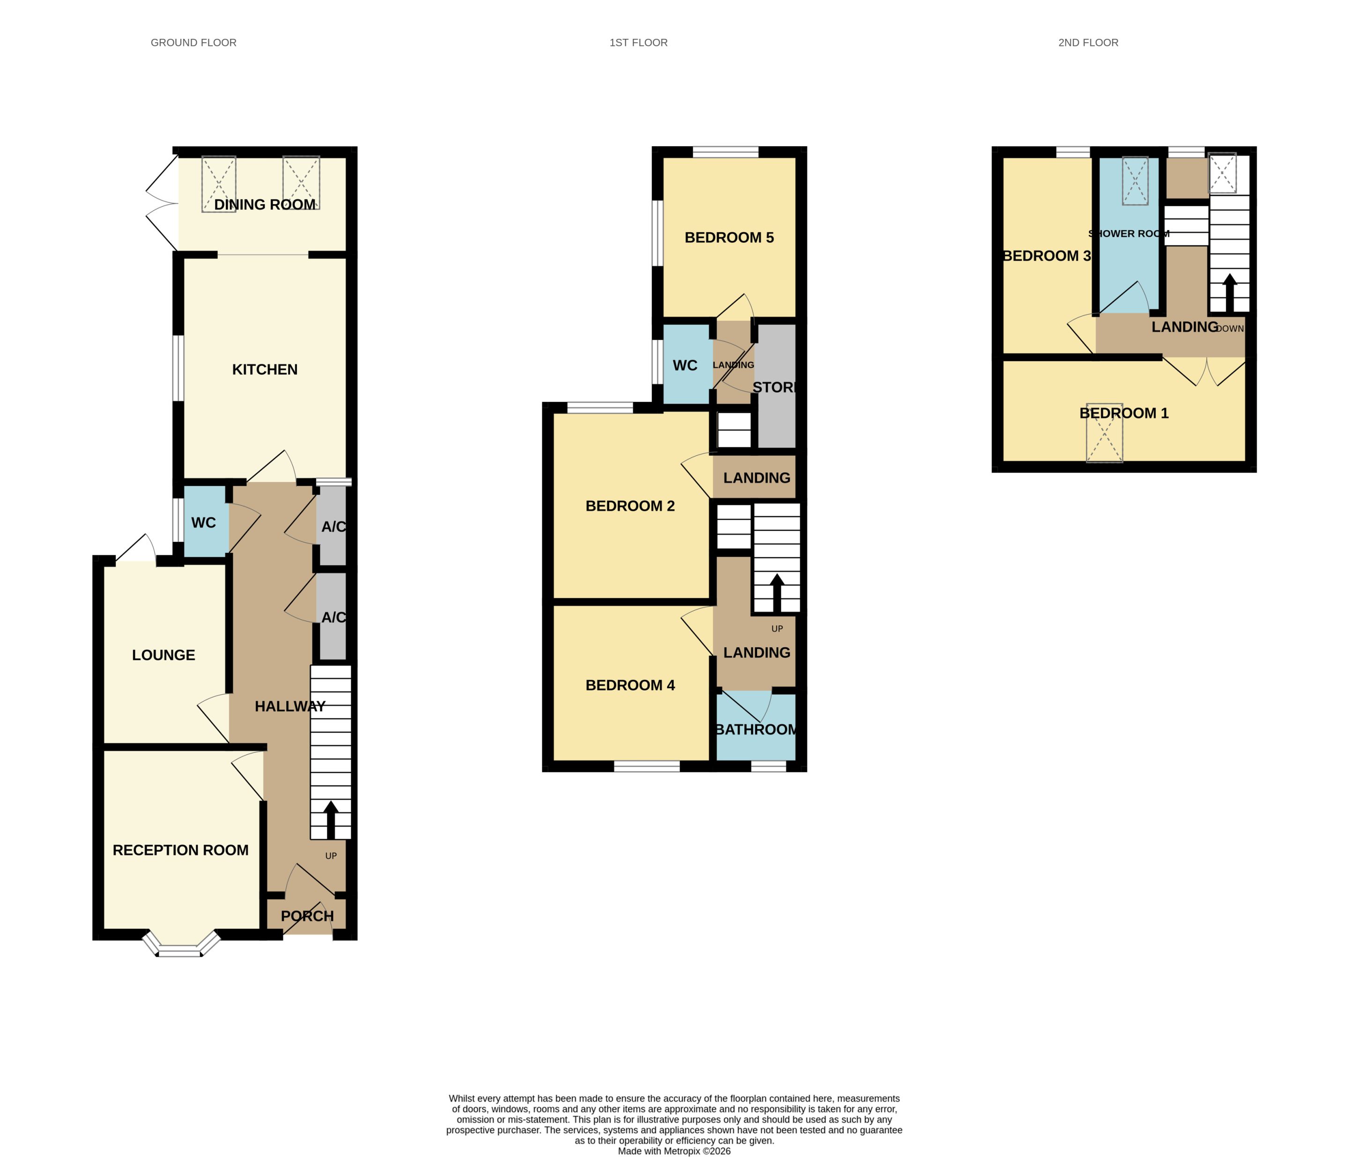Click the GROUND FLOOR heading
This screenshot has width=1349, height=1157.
point(193,42)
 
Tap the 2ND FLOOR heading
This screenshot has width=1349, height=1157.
point(1088,42)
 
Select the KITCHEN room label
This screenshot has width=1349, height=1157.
point(265,369)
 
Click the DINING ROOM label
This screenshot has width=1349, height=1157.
point(265,204)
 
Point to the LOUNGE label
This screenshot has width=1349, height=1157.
point(163,655)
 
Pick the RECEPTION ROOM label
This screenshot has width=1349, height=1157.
point(180,850)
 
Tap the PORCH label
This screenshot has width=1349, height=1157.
point(307,916)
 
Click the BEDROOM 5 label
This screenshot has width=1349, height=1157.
point(729,237)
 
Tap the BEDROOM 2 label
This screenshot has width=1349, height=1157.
point(630,506)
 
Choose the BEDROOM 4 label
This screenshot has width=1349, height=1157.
point(630,685)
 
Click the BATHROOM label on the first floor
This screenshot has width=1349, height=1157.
point(756,729)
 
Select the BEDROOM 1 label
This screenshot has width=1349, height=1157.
point(1124,413)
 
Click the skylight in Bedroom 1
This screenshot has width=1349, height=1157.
point(1104,433)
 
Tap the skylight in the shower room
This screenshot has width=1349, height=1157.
point(1135,181)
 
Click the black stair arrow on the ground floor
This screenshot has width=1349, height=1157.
point(331,819)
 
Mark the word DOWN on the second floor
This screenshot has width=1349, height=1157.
point(1229,329)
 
